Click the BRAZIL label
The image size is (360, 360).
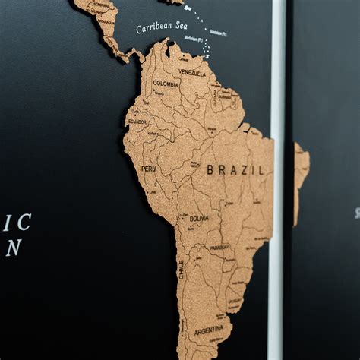[235, 170]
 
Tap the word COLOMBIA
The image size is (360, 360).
[166, 84]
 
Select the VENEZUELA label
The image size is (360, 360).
[192, 73]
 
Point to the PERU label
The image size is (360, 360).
[148, 168]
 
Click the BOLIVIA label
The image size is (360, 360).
[199, 218]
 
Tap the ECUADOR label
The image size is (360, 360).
[137, 122]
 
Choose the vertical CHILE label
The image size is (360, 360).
[181, 269]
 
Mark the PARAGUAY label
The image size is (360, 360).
[219, 247]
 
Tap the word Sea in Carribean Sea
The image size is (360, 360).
[177, 25]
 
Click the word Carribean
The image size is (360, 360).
[150, 28]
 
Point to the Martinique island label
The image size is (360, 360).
[193, 38]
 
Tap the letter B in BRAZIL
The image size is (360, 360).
[210, 170]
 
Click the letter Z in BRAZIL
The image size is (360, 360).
[242, 170]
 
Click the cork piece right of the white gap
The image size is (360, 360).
[300, 175]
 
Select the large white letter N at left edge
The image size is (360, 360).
[13, 248]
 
